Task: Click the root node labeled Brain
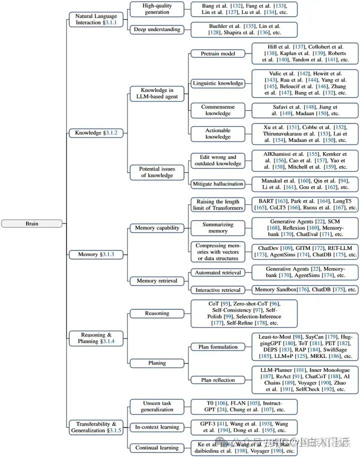32,223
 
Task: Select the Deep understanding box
156,29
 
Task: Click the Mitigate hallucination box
218,183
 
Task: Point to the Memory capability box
157,228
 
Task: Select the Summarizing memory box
218,228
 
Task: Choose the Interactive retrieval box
218,289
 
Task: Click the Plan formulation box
218,346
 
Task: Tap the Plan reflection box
218,380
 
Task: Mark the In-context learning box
157,426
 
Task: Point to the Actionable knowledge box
218,133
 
